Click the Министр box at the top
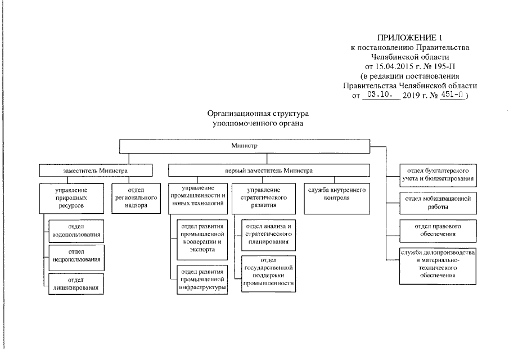point(244,145)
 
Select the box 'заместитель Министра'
point(96,170)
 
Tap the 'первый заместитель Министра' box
point(269,170)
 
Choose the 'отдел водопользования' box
point(76,229)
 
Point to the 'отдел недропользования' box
point(76,255)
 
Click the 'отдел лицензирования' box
point(76,283)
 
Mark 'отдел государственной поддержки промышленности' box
point(268,272)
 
